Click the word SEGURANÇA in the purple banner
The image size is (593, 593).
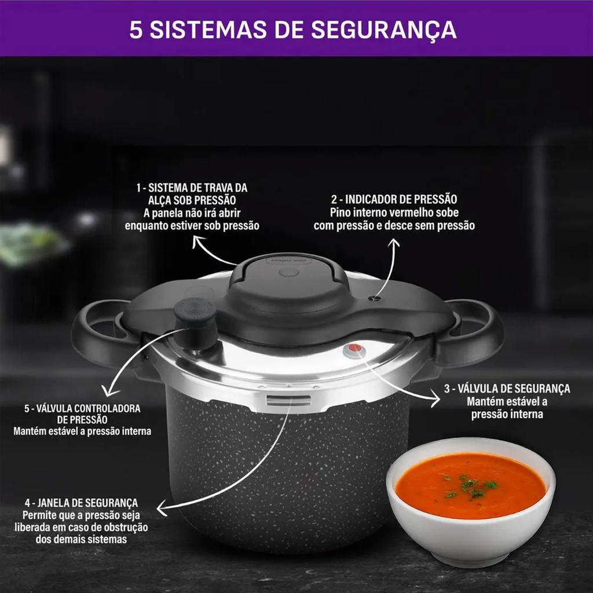pos(384,30)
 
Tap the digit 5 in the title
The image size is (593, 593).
pos(136,30)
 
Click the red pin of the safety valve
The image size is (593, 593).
pos(355,348)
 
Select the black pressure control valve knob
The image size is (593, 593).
pos(195,323)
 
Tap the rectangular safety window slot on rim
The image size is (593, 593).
pos(288,400)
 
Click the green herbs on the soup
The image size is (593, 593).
pos(470,485)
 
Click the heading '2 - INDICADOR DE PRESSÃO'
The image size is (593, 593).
pos(394,199)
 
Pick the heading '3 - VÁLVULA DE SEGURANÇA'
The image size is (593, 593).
pos(507,389)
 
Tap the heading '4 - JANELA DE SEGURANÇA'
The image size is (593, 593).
pos(81,503)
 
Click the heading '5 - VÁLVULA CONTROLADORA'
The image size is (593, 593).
pos(82,408)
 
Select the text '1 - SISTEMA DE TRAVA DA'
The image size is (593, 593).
pos(192,188)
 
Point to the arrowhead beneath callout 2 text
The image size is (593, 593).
pos(394,243)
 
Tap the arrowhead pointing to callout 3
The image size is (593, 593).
pos(435,400)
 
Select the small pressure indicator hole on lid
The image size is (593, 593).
pos(375,299)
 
